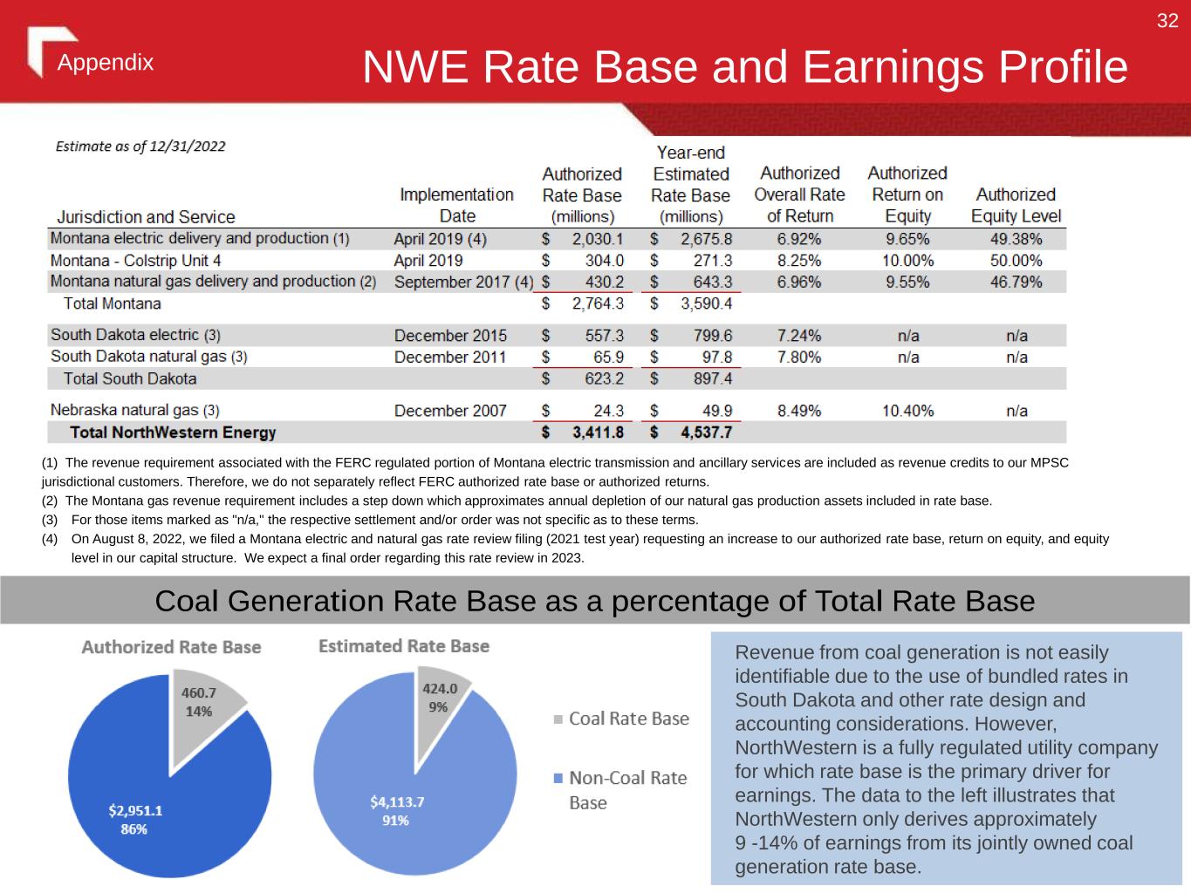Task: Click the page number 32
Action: coord(1167,21)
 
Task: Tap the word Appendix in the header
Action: coord(106,63)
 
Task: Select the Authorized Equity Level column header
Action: coord(1016,205)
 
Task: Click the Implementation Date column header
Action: coord(456,205)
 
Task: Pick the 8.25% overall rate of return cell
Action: coord(799,260)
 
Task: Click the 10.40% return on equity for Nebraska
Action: coord(907,411)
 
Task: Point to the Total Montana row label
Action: coord(113,303)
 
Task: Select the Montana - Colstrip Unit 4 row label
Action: coord(136,260)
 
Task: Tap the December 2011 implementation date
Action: coord(450,357)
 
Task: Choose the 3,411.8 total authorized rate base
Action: coord(598,433)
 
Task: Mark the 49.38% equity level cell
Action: coord(1016,238)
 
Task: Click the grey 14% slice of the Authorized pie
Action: coord(202,703)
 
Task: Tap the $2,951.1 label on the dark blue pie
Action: coord(135,810)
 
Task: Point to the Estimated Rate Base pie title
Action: coord(403,646)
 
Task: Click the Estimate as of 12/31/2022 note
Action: coord(140,147)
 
